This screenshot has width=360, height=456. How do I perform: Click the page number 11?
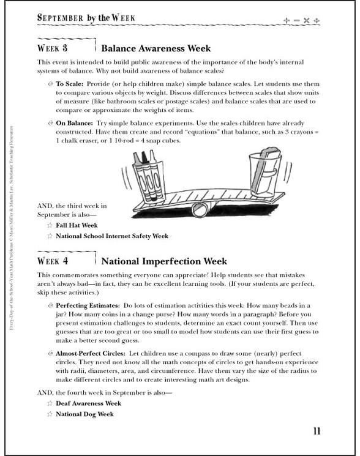[x=317, y=431]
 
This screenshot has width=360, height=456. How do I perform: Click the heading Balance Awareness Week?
[x=156, y=48]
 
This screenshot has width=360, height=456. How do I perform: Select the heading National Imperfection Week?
[x=164, y=261]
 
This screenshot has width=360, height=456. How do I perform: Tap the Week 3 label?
[x=52, y=48]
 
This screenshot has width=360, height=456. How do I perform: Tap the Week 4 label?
[x=52, y=261]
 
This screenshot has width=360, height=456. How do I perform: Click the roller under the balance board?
[x=199, y=210]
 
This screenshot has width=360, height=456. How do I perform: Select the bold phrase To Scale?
[x=70, y=84]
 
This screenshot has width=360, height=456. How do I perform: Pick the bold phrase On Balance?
[x=75, y=123]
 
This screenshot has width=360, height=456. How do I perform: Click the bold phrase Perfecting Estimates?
[x=88, y=305]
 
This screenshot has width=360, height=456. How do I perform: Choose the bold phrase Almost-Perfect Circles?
[x=91, y=354]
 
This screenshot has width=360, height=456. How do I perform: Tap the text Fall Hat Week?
[x=77, y=225]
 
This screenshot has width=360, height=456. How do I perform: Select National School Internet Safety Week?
[x=112, y=236]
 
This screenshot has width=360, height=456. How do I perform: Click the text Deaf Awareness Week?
[x=88, y=403]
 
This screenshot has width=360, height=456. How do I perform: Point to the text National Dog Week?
[x=84, y=414]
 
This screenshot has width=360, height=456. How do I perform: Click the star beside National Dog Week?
[x=50, y=414]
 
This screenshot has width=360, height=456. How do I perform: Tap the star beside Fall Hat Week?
[x=50, y=225]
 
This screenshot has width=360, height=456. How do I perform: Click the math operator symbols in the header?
[x=302, y=20]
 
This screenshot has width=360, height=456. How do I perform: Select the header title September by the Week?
[x=86, y=18]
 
